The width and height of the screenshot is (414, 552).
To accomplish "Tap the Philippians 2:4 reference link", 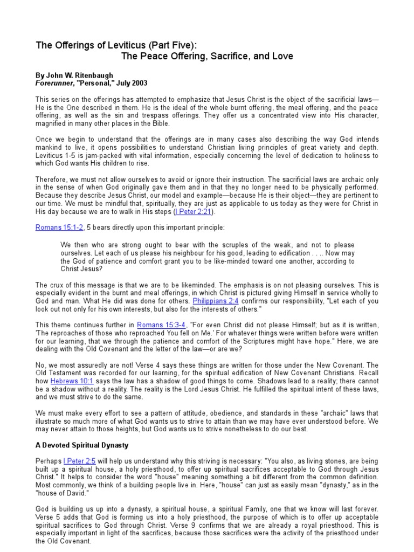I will [x=215, y=300].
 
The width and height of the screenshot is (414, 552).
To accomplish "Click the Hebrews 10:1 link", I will [x=68, y=381].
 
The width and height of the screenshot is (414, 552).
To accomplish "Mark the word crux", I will [x=58, y=285].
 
